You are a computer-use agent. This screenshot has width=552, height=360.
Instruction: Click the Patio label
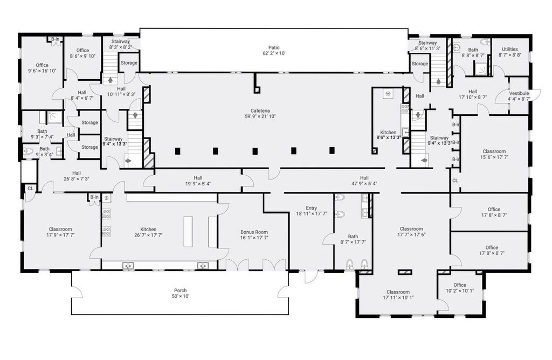[274, 47]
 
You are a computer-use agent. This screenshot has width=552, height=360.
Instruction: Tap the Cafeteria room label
[260, 110]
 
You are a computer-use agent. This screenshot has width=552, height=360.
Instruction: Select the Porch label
[180, 290]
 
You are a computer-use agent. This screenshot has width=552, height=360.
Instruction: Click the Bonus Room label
[254, 232]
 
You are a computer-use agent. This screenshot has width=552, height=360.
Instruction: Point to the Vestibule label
[519, 93]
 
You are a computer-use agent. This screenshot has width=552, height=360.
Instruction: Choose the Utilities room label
[510, 49]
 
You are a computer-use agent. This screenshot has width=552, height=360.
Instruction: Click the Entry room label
[311, 208]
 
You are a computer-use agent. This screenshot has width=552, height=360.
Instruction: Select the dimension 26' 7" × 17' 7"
[148, 235]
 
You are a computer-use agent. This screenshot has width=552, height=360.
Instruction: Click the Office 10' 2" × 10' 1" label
[460, 288]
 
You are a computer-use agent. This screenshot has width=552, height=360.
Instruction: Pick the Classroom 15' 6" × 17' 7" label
[494, 154]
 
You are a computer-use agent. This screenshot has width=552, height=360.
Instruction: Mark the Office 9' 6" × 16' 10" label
[42, 68]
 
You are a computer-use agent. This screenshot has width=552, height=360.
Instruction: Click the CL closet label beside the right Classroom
[455, 181]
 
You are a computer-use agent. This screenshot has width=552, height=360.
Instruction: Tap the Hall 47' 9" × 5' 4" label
[364, 181]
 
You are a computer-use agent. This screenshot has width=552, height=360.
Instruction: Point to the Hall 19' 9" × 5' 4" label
[198, 181]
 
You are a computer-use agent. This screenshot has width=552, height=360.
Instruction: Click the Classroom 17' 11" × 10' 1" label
[398, 295]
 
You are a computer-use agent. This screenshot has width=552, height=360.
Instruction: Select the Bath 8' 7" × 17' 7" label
[353, 239]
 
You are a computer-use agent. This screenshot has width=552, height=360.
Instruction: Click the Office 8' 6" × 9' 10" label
[82, 53]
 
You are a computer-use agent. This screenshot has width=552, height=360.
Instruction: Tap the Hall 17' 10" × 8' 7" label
[472, 94]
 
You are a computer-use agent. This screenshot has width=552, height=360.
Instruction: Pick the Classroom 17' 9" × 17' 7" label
[60, 232]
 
